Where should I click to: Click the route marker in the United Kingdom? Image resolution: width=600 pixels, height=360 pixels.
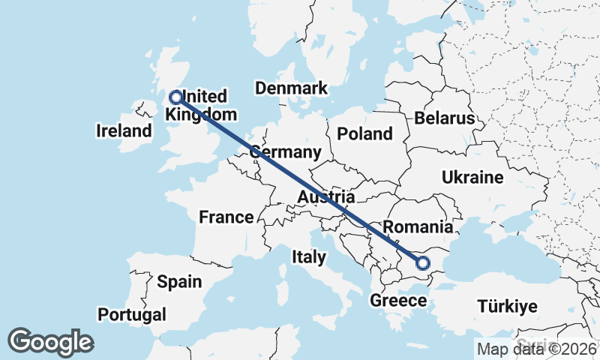[176, 97]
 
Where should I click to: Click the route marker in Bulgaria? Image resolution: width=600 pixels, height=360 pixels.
[422, 263]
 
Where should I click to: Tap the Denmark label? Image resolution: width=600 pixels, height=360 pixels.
[291, 88]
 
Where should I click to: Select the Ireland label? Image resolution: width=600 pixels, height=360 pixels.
[124, 131]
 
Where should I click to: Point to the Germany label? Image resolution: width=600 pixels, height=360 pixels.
[285, 152]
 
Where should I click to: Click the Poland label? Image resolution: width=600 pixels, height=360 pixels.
[365, 134]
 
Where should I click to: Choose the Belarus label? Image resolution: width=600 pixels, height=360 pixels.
[445, 118]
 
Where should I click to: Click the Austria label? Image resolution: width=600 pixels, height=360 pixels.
[325, 197]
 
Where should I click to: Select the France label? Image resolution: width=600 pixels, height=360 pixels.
[226, 217]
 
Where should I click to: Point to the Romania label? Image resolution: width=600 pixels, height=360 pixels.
[418, 227]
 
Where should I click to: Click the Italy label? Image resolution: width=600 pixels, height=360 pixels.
[309, 257]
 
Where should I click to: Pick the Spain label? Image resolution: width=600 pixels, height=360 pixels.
[179, 282]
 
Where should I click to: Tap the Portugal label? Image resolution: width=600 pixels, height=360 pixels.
[132, 313]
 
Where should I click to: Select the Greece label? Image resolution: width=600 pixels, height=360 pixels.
[398, 301]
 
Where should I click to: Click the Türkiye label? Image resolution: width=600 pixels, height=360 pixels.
[508, 306]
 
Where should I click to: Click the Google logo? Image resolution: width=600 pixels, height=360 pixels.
[50, 342]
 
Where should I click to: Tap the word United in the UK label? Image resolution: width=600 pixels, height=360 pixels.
[205, 97]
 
